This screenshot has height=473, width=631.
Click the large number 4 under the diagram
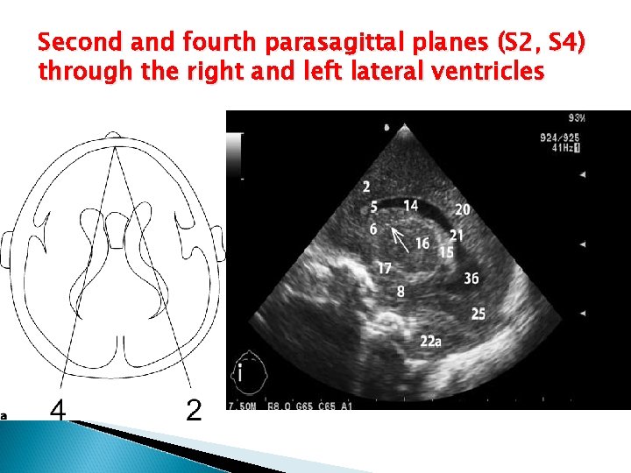pos(58,409)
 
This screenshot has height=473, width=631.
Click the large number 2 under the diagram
pos(195,409)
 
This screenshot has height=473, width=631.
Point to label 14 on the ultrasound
pos(410,206)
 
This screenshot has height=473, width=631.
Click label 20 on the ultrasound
pos(462,209)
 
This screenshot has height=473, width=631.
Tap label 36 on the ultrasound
pos(471,279)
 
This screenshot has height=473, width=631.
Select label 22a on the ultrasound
pos(430,341)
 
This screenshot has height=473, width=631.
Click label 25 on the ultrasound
pos(479,313)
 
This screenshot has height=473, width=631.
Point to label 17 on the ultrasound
pos(384,268)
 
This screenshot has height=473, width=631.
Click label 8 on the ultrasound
pos(401,291)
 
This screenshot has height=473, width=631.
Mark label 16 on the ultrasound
pos(422,243)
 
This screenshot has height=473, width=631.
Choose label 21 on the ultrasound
pos(457,235)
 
